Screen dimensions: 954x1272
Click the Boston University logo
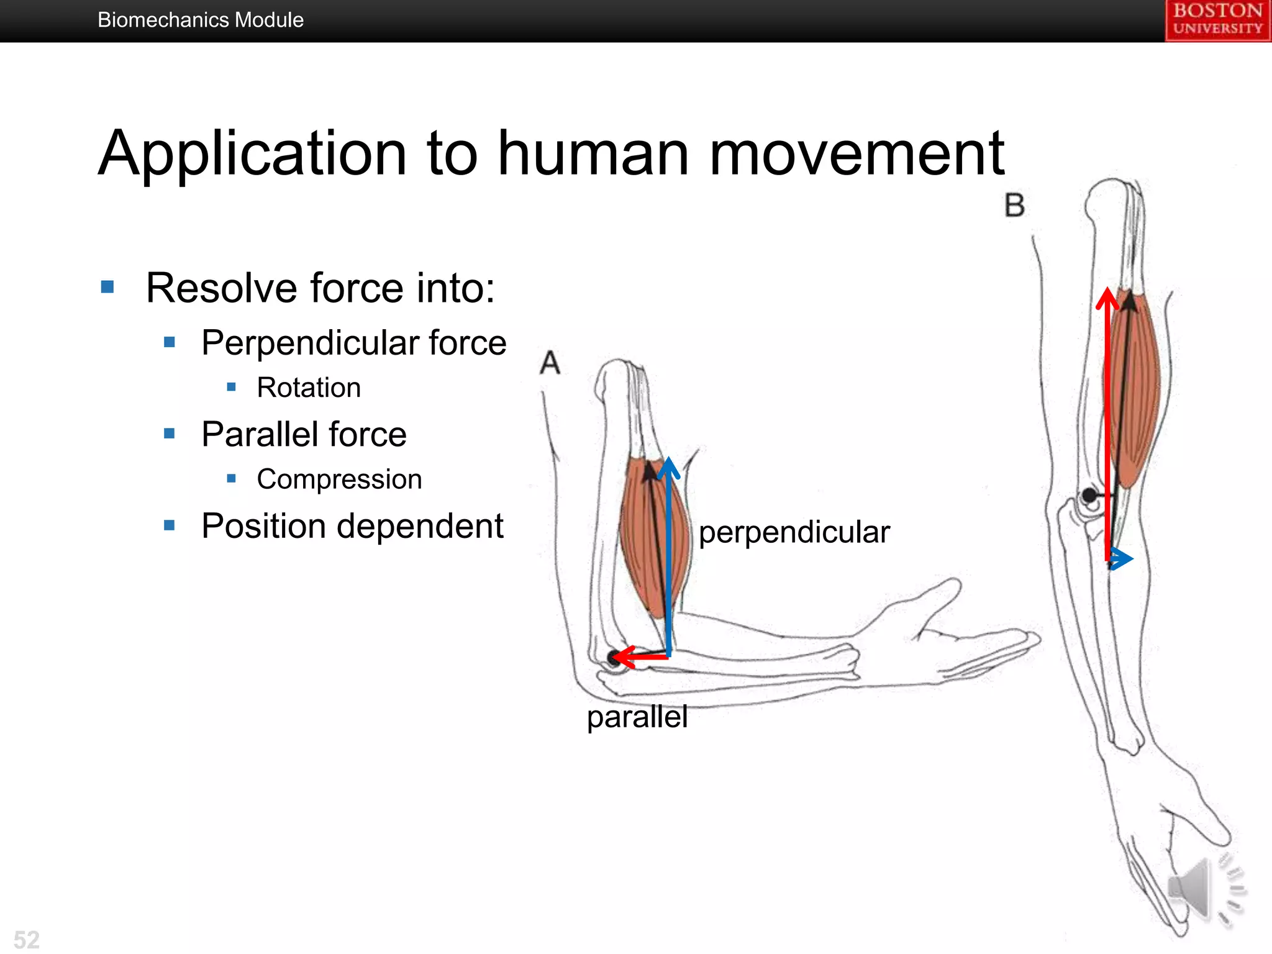1217,20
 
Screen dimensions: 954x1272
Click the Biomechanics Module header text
200,20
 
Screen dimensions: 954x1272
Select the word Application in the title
252,154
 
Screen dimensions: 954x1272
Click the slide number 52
27,939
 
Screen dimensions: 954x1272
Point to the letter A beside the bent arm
550,363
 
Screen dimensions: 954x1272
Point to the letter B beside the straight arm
1014,206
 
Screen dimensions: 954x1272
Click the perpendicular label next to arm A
794,532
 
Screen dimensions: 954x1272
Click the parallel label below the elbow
637,716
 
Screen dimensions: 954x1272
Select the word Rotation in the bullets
309,388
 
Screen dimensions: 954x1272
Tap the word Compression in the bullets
339,479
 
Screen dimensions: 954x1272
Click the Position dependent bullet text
352,526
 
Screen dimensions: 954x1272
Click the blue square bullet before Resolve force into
107,287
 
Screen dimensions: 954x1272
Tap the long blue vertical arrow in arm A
668,559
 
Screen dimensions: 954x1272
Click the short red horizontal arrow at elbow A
640,656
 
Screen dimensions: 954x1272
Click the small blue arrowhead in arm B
1121,559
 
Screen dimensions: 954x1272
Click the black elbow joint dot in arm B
1089,496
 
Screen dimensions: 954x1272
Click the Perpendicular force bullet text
354,343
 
